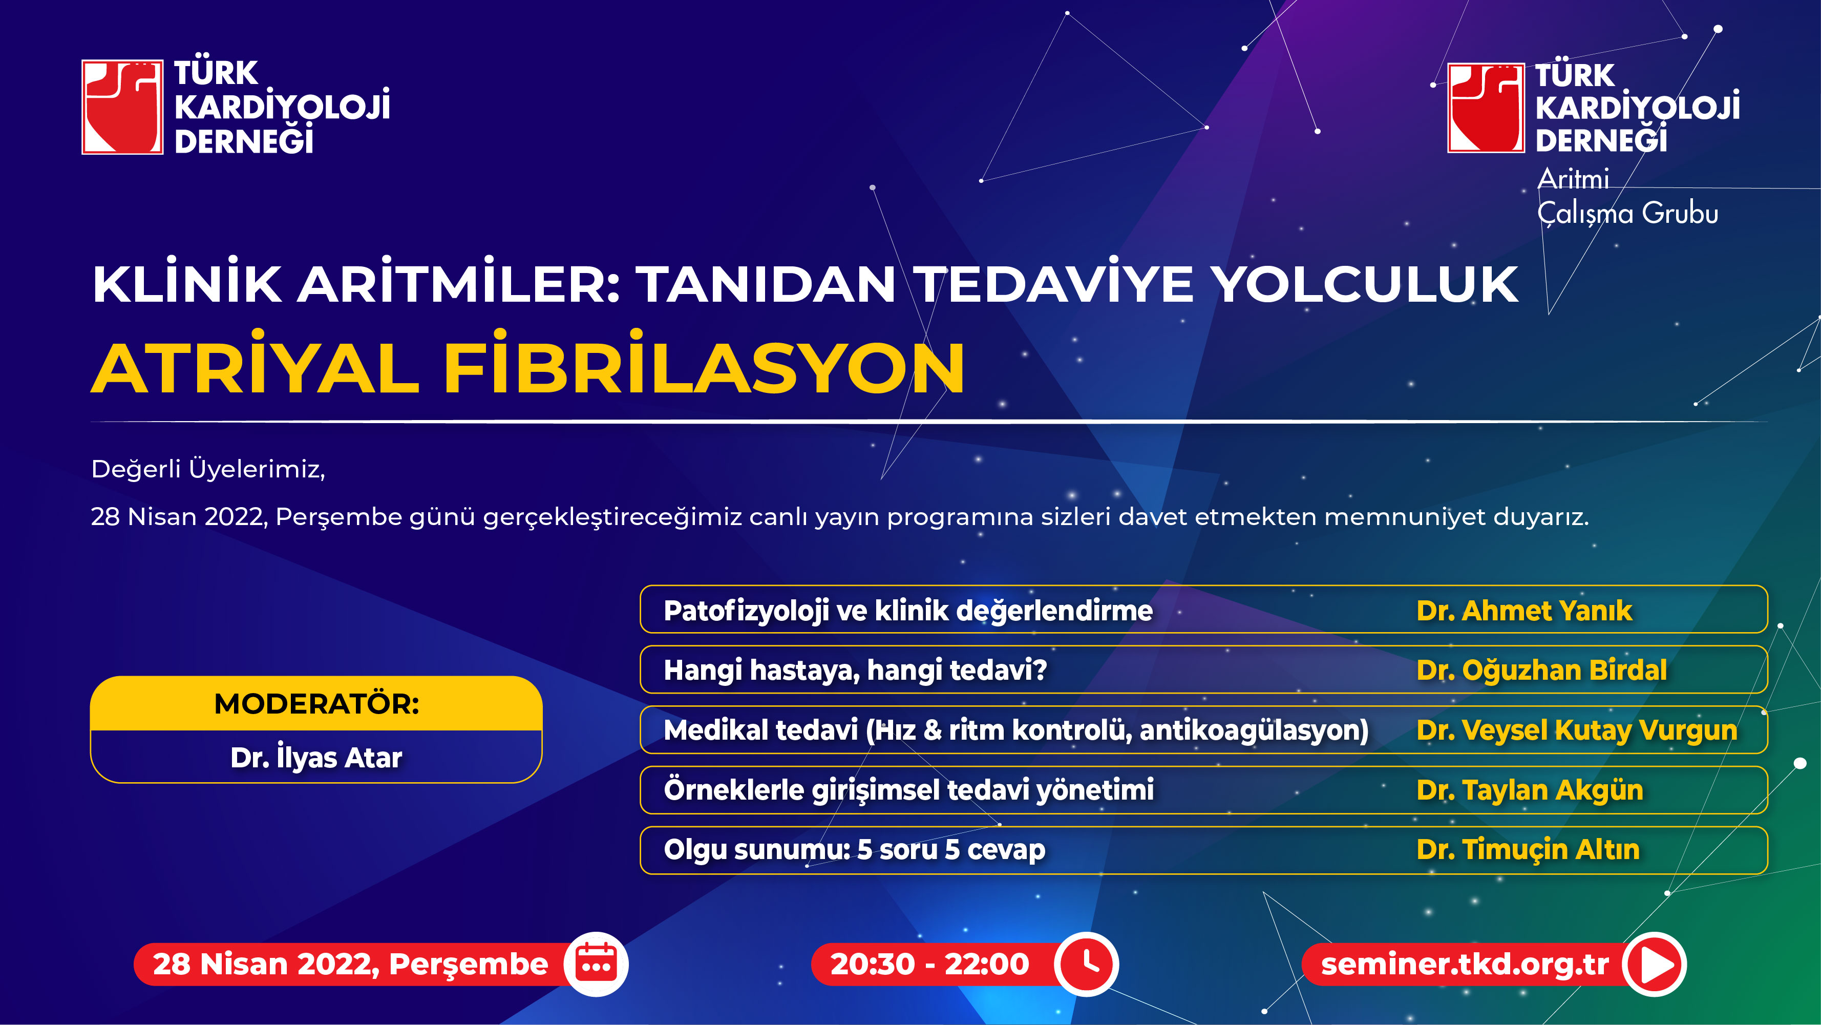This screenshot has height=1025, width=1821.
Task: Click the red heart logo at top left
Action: [x=122, y=107]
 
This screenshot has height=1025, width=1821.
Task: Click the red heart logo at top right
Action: [x=1486, y=108]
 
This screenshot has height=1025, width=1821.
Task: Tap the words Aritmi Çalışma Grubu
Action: [x=1627, y=196]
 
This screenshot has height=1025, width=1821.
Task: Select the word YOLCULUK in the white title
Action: [x=1365, y=285]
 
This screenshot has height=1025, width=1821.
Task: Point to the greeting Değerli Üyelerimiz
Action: [x=208, y=469]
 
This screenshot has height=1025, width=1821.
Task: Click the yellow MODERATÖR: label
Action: [x=316, y=703]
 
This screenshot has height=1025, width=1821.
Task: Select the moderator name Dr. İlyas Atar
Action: [x=316, y=757]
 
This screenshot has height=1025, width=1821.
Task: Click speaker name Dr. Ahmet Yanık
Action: [x=1524, y=610]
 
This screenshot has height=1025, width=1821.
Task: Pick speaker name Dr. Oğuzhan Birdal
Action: [x=1542, y=670]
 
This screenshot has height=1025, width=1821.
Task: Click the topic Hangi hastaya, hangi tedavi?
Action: [x=855, y=670]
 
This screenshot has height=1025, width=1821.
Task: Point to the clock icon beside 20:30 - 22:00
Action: [x=1087, y=964]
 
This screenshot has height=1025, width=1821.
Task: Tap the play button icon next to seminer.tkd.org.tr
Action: [x=1654, y=964]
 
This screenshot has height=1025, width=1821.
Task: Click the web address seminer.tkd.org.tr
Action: [x=1465, y=964]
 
